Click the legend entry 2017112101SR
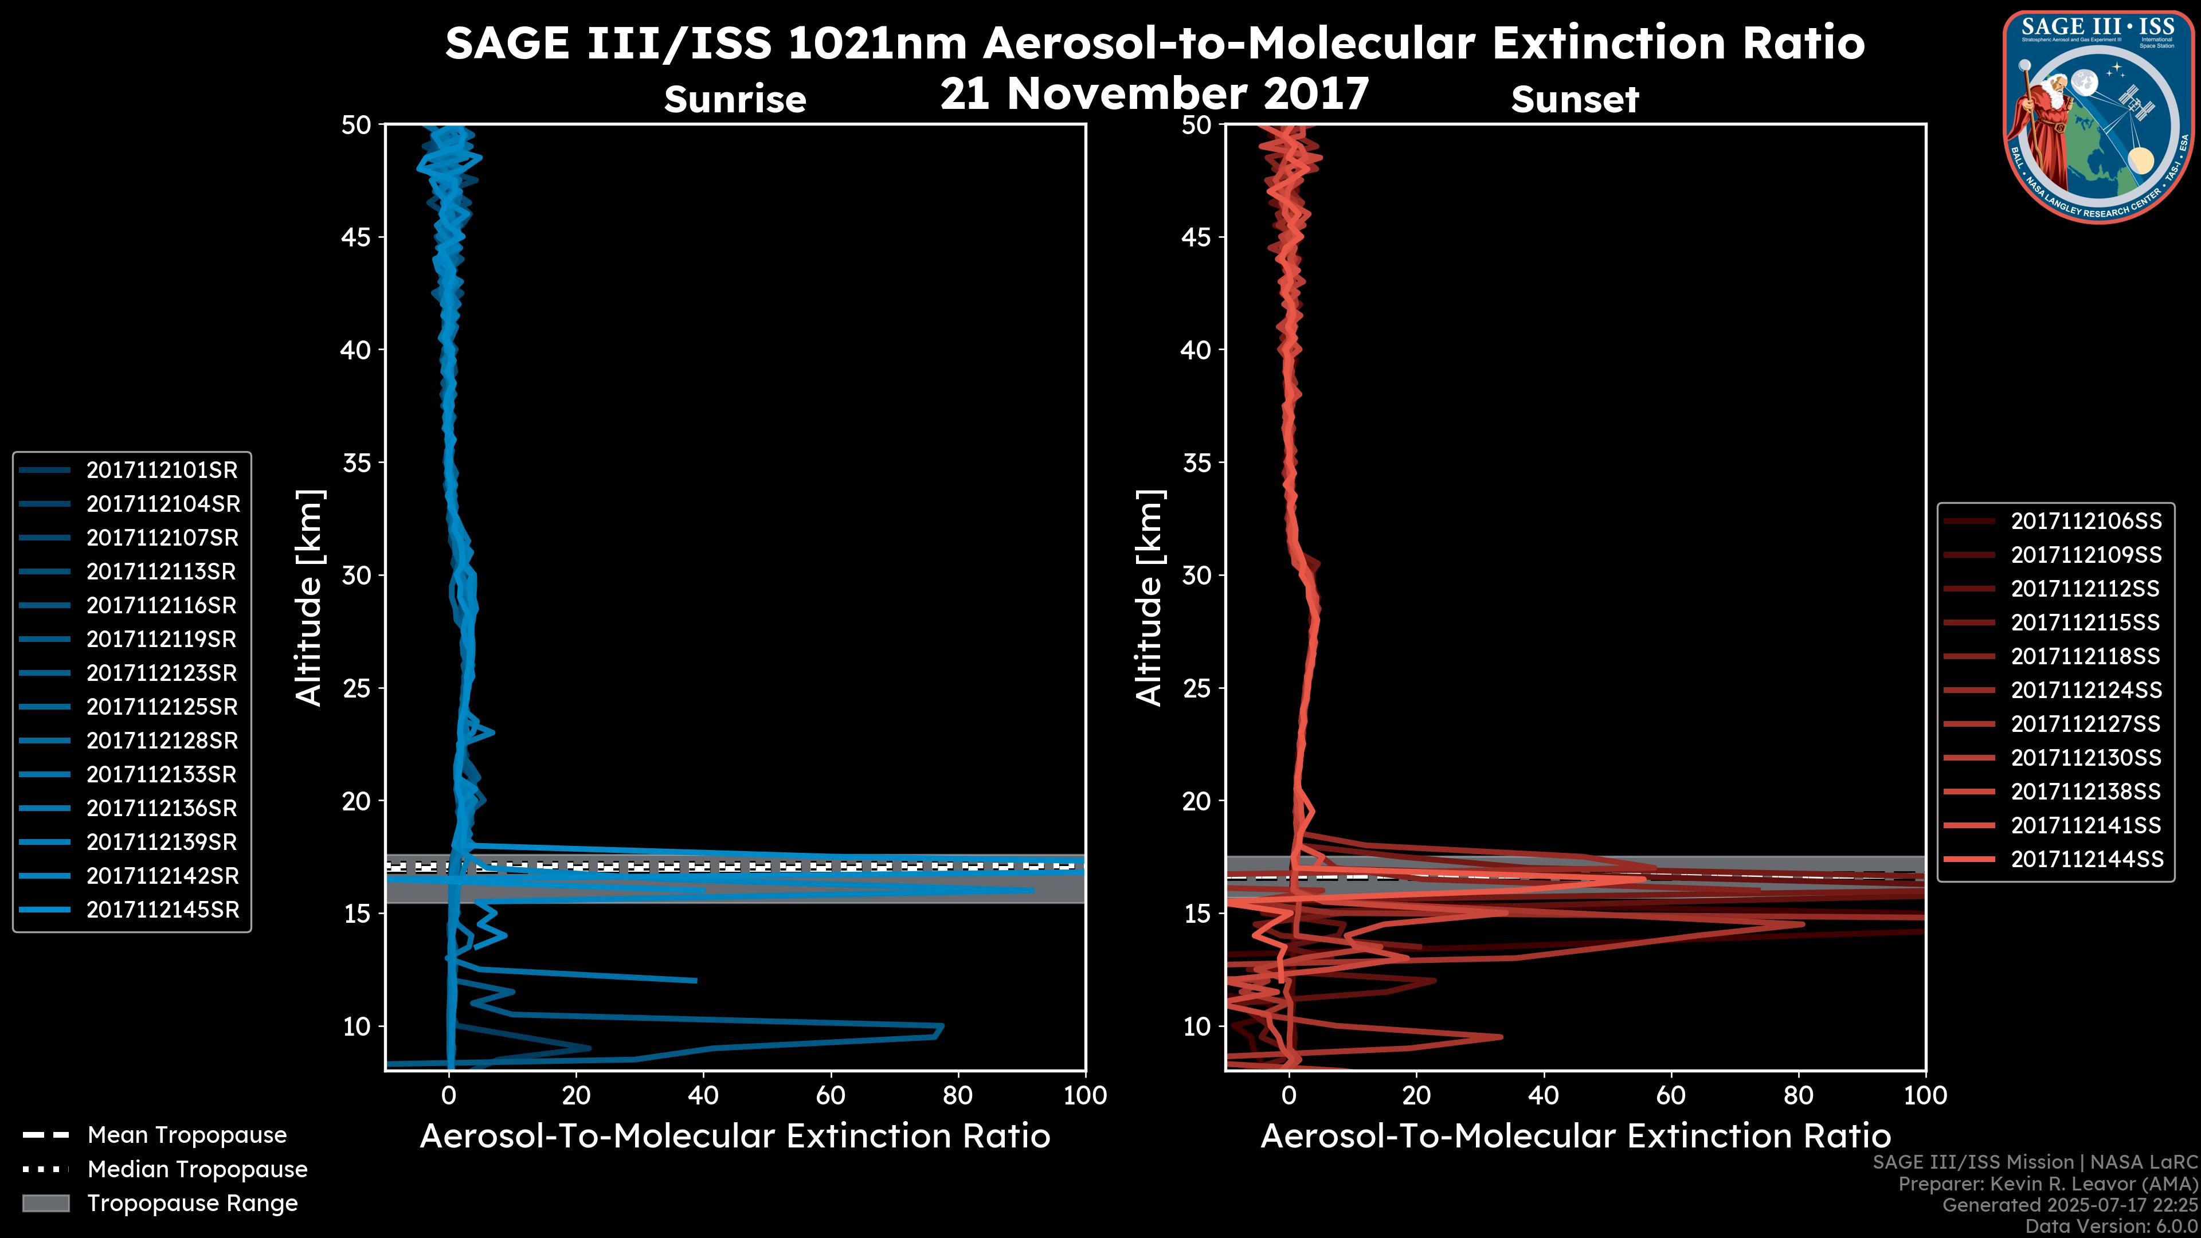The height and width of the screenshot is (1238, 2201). [x=162, y=470]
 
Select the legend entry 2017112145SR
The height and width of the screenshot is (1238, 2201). [x=162, y=910]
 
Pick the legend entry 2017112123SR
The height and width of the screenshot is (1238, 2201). [x=162, y=673]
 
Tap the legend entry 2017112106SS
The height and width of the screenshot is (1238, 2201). [x=2086, y=521]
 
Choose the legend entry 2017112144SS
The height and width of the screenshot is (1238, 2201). [x=2086, y=859]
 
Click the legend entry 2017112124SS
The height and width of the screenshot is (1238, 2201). [x=2086, y=690]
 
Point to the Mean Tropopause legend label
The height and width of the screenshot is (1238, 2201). [x=187, y=1135]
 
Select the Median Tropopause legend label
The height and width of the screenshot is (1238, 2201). [x=197, y=1170]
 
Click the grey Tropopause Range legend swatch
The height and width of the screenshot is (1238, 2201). [x=46, y=1203]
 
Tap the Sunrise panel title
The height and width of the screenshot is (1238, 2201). [x=735, y=100]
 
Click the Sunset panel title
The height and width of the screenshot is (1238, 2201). [x=1575, y=100]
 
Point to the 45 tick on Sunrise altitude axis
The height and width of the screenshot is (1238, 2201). [x=357, y=237]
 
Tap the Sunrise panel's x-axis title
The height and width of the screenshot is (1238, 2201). [x=735, y=1137]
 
